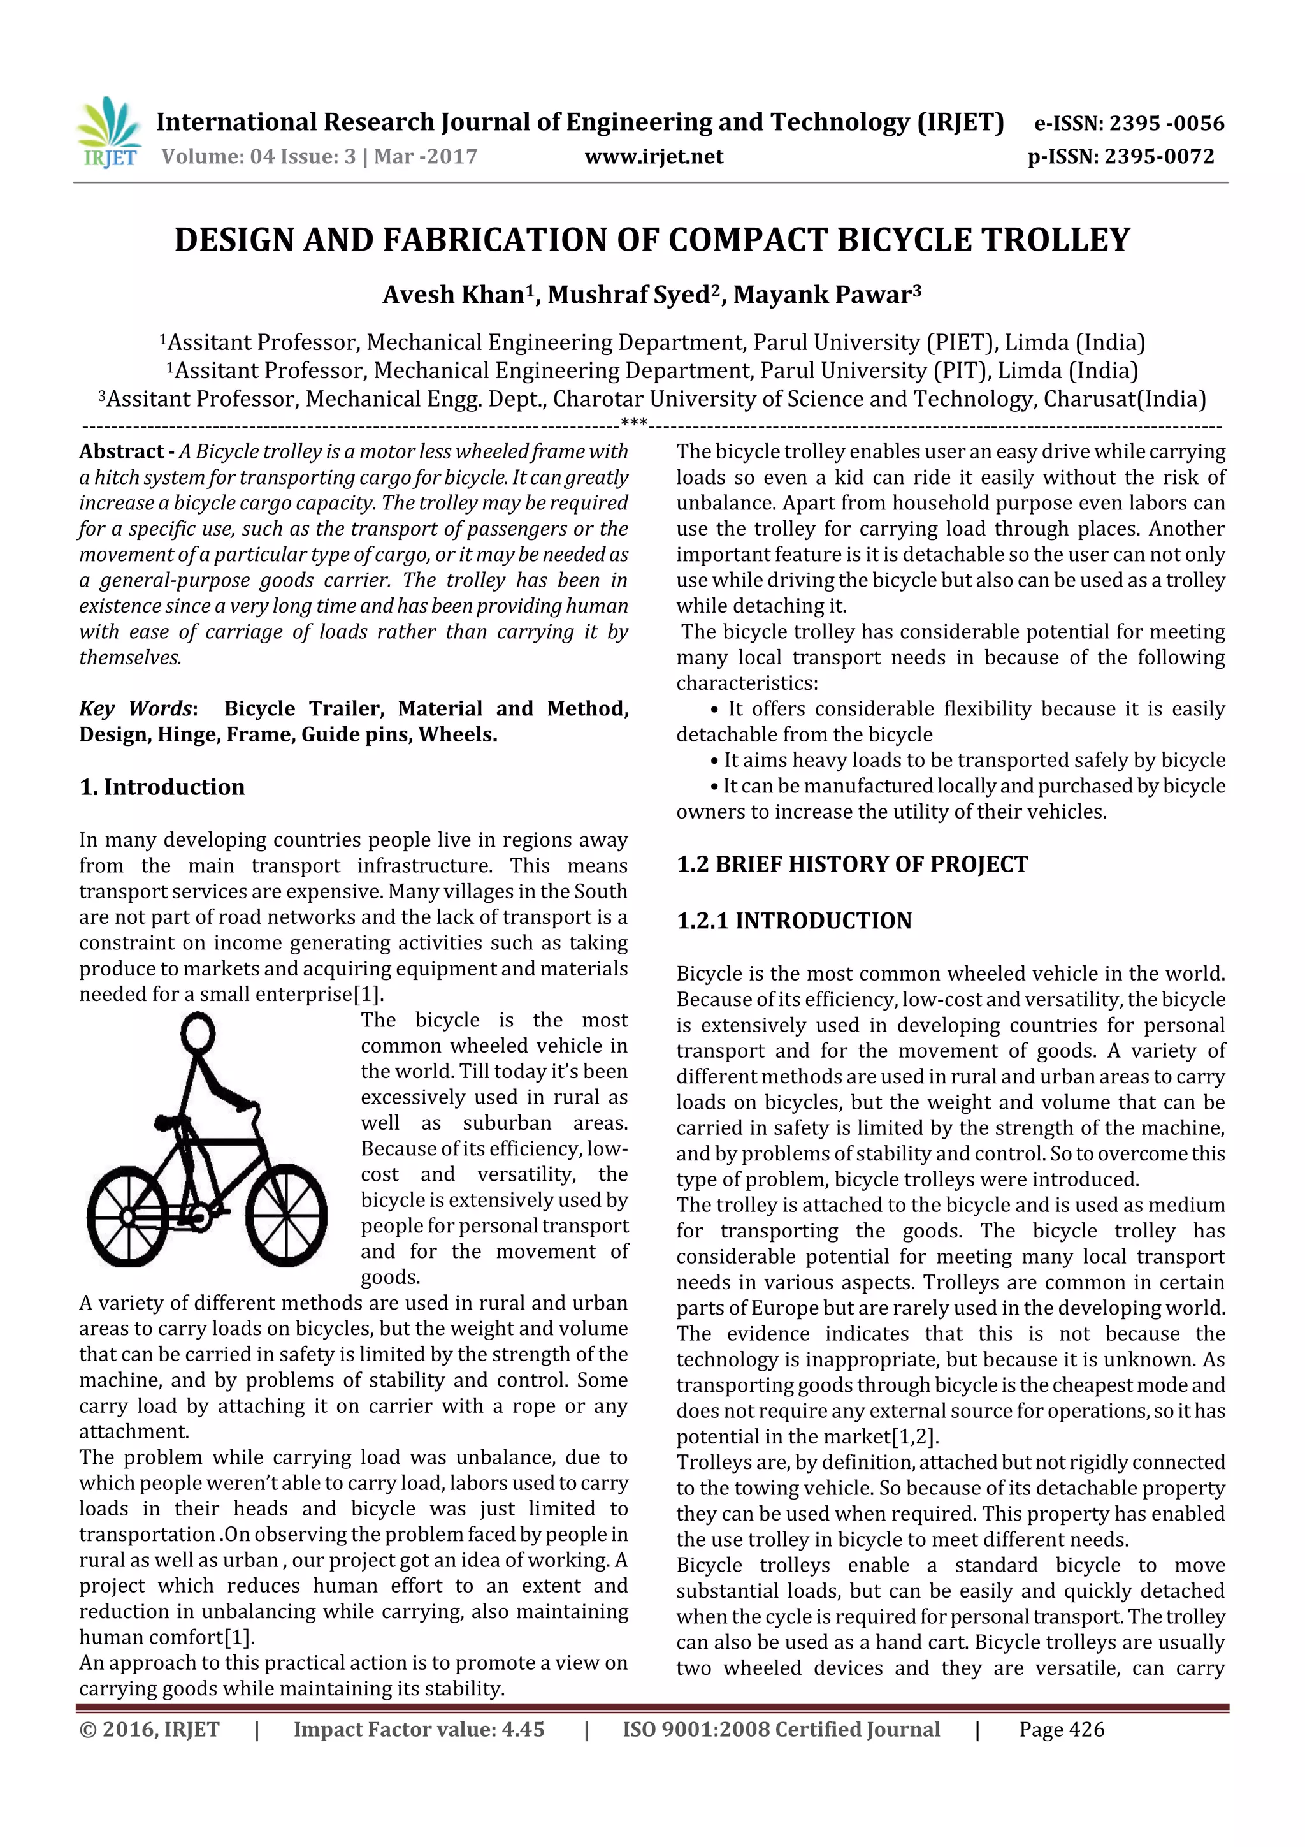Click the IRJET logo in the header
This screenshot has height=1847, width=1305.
(x=108, y=133)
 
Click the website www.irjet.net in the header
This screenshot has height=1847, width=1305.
(x=654, y=157)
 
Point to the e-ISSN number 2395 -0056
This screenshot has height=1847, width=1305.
(x=1166, y=124)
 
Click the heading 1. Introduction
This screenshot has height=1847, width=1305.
(x=162, y=787)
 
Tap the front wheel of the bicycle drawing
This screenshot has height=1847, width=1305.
(x=286, y=1216)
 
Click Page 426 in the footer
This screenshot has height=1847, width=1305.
(x=1062, y=1730)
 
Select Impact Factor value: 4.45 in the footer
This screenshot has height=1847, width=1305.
(x=419, y=1730)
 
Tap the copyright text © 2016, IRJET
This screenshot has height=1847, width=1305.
(x=150, y=1730)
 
